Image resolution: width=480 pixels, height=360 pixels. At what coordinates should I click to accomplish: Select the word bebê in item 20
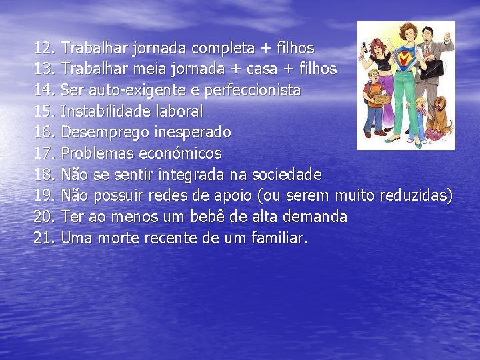[247, 216]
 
